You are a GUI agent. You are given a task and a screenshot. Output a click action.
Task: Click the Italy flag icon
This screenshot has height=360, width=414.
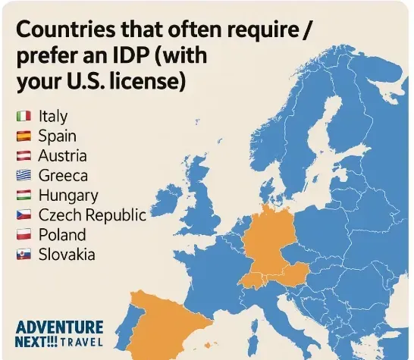(x=23, y=117)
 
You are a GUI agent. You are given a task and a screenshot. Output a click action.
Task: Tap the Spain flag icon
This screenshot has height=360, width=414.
(x=23, y=136)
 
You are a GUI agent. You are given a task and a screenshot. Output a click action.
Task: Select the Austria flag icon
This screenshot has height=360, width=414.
(x=23, y=156)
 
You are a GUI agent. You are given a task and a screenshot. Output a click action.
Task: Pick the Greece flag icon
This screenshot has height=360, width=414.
(x=23, y=176)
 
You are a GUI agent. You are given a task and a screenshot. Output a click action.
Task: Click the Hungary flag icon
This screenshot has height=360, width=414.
(x=23, y=196)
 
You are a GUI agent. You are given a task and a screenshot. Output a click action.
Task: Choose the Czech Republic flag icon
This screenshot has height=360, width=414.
(x=23, y=215)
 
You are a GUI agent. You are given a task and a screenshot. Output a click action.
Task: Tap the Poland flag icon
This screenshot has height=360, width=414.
(x=23, y=235)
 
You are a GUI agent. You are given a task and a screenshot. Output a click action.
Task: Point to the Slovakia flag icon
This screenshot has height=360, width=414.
(x=23, y=255)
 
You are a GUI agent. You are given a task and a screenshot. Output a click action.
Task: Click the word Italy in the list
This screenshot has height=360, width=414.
(x=52, y=117)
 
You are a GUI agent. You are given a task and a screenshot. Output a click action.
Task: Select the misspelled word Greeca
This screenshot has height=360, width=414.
(x=63, y=176)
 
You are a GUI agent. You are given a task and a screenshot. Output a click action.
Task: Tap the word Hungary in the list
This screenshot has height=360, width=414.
(x=68, y=196)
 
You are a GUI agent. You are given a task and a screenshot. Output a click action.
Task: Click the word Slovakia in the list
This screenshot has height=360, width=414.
(x=67, y=255)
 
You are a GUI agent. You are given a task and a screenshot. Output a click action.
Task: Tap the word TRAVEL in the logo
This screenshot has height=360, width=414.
(x=80, y=343)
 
